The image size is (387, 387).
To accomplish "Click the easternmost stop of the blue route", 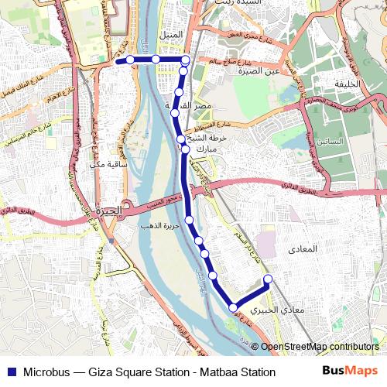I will pyautogui.click(x=269, y=279).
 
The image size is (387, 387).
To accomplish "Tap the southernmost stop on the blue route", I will pyautogui.click(x=233, y=308).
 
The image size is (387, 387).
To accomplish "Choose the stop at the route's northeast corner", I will pyautogui.click(x=186, y=60).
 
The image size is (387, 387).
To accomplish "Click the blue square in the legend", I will pyautogui.click(x=10, y=372).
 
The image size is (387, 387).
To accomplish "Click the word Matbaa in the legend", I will pyautogui.click(x=214, y=372).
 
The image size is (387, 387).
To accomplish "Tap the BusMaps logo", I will pyautogui.click(x=350, y=371).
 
